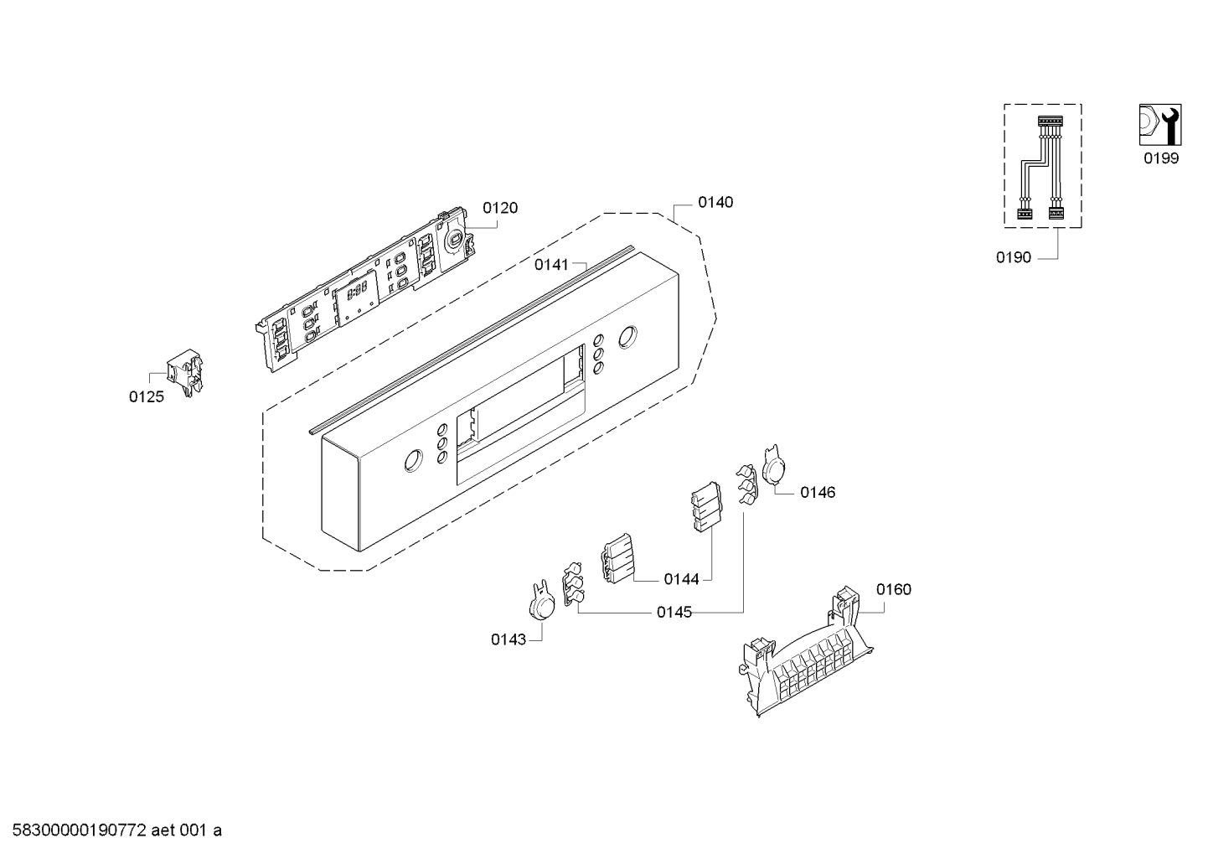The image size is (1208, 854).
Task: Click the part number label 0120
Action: coord(500,208)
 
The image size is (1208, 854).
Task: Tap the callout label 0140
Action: coord(715,202)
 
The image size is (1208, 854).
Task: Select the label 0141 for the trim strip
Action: coord(551,265)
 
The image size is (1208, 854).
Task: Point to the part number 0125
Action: coord(146,397)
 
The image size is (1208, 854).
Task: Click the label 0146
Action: coord(818,493)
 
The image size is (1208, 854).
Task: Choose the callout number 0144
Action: coord(681,579)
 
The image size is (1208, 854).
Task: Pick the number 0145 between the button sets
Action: coord(674,613)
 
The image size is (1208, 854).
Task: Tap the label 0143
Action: coord(508,639)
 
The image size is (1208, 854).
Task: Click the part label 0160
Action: coord(894,590)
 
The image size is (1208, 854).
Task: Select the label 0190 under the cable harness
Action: coord(1014,258)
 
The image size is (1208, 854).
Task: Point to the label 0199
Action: coord(1161,158)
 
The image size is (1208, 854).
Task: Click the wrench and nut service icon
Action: coord(1160,125)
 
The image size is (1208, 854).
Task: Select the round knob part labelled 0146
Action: coord(774,466)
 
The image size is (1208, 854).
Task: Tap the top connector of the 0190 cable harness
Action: coord(1050,122)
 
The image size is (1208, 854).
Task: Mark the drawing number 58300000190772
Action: coord(80,831)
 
